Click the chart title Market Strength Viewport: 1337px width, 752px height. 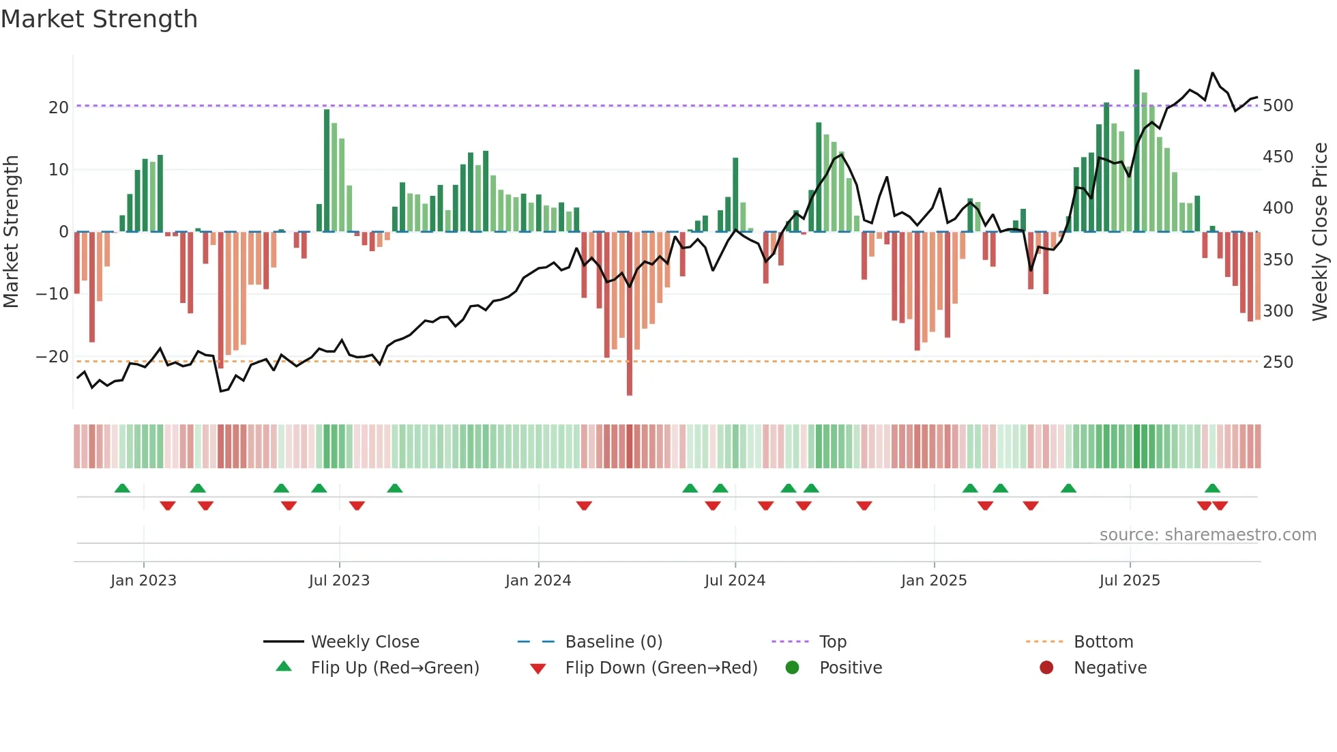tap(99, 19)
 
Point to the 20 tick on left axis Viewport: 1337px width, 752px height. tap(58, 107)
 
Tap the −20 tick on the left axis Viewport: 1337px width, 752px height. tap(52, 357)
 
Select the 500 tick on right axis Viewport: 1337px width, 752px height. tap(1278, 106)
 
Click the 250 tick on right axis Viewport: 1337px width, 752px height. tap(1278, 362)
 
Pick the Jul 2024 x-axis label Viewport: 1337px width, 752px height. tap(735, 581)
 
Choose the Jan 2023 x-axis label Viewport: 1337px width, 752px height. tap(143, 581)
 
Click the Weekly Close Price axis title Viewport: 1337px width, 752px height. tap(1320, 232)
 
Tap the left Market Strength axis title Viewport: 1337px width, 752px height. tap(11, 232)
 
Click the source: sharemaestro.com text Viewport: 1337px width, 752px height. tap(1207, 535)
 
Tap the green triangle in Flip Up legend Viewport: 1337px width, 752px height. tap(284, 667)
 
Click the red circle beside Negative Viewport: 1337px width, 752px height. tap(1046, 667)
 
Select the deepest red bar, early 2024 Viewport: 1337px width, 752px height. tap(630, 314)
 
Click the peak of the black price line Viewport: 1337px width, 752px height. tap(1212, 73)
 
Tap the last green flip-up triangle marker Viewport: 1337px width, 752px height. tap(1212, 488)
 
